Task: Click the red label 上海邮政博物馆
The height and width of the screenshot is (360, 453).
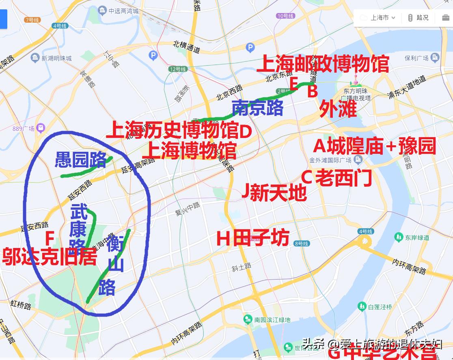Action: click(x=323, y=64)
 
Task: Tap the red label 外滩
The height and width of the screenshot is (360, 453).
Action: click(x=338, y=108)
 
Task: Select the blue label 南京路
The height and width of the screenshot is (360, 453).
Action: click(x=257, y=108)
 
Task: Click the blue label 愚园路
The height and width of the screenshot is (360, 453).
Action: click(x=81, y=160)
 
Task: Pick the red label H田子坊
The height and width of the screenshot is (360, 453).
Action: click(x=253, y=238)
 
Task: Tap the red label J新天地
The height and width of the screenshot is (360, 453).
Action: click(x=274, y=192)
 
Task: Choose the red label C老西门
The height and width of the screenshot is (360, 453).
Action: click(x=337, y=178)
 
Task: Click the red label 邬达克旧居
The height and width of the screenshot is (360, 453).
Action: click(x=50, y=257)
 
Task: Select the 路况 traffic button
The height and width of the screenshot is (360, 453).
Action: click(x=418, y=17)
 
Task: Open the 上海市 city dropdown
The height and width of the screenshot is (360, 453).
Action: click(x=378, y=17)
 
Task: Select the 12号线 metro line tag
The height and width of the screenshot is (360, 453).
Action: click(x=178, y=69)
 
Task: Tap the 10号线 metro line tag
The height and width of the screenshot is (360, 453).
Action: click(x=285, y=16)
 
